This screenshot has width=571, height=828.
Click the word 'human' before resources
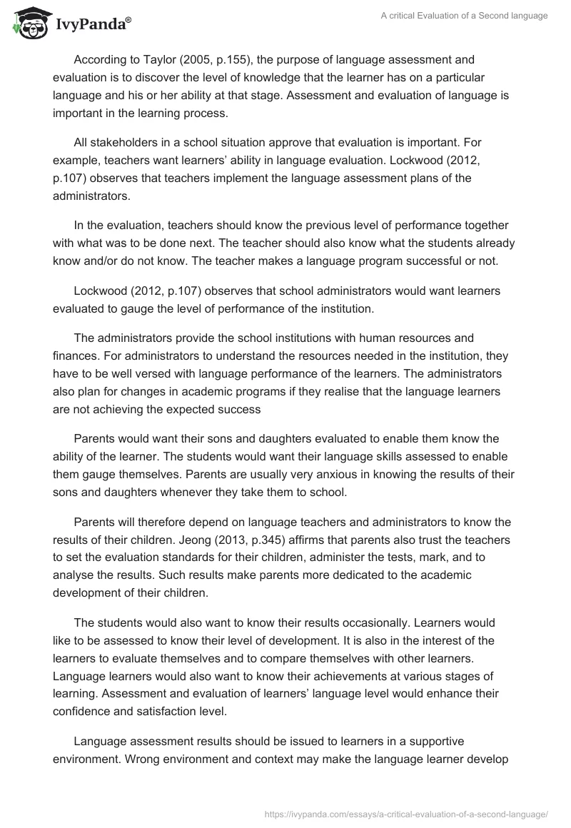393,338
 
